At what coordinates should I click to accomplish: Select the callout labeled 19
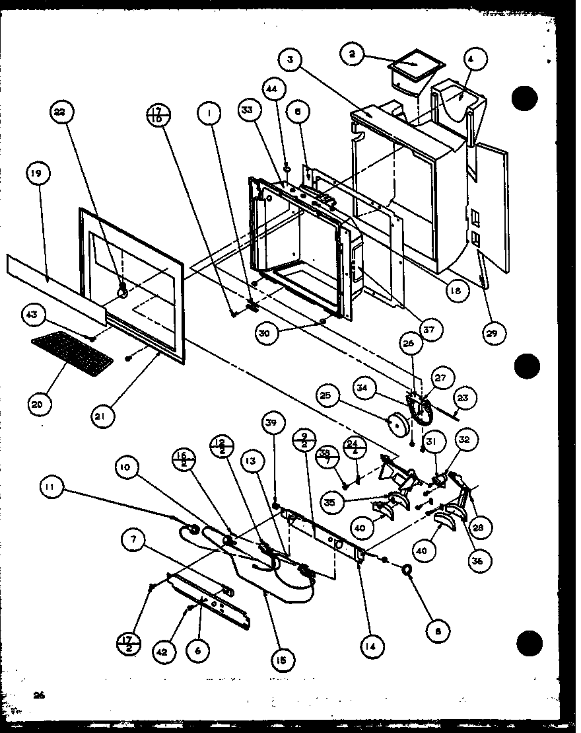(x=36, y=174)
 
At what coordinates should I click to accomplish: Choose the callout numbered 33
(x=246, y=113)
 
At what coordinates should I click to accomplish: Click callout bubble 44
(x=272, y=89)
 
